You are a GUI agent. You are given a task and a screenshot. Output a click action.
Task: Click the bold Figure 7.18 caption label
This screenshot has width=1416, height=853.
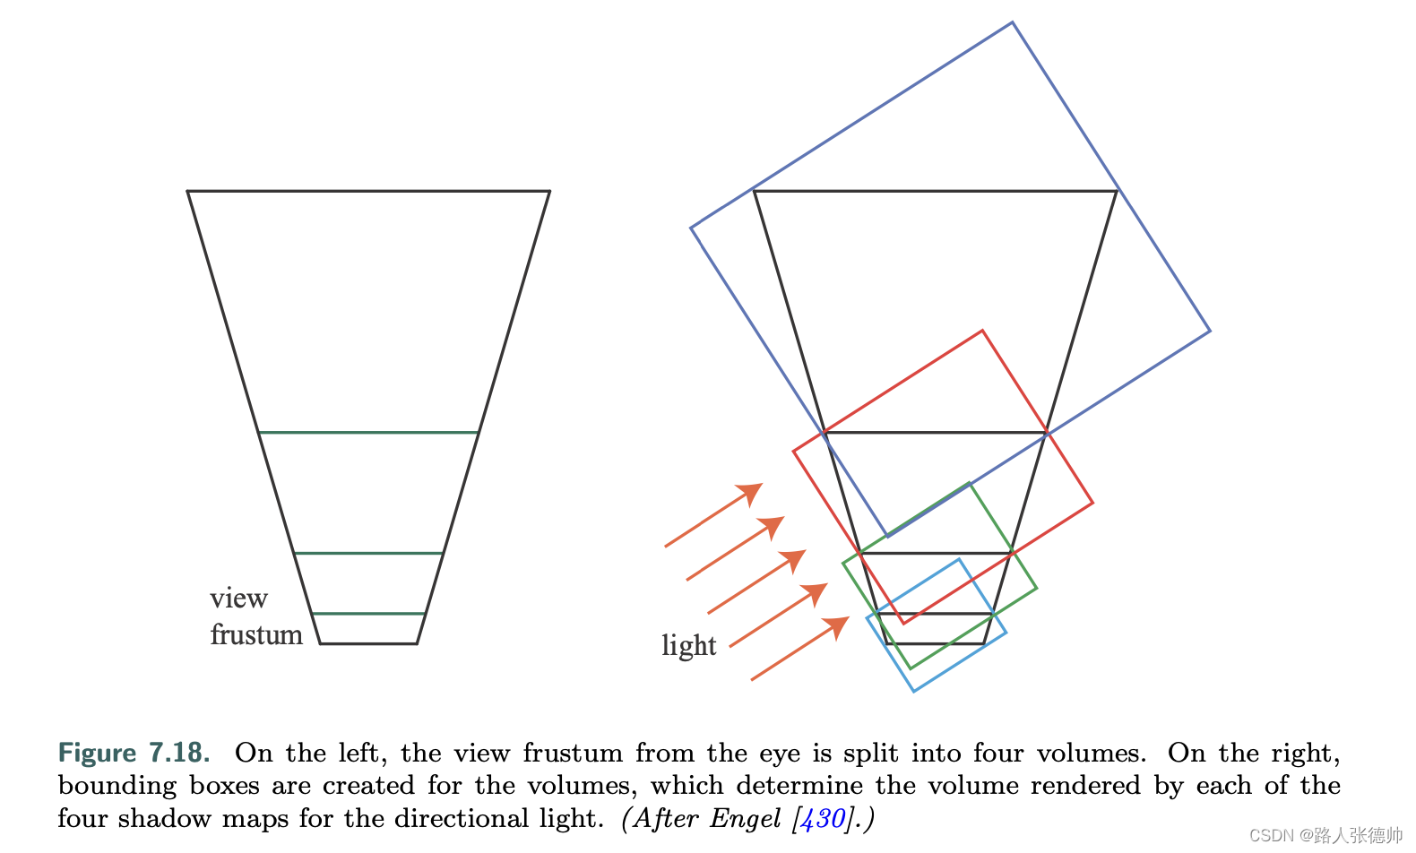tap(134, 753)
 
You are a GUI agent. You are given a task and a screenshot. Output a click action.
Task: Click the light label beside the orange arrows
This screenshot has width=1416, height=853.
tap(688, 645)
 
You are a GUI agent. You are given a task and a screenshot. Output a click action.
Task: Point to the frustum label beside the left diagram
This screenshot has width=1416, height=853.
tap(256, 634)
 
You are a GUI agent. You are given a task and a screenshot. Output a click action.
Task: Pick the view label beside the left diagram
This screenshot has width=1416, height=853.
tap(238, 598)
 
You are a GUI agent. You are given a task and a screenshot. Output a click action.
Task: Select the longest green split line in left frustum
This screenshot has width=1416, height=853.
tap(368, 433)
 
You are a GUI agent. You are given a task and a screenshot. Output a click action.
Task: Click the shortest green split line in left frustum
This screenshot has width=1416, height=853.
tap(368, 614)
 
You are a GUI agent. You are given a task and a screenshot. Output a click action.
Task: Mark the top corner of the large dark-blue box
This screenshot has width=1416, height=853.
tap(1012, 22)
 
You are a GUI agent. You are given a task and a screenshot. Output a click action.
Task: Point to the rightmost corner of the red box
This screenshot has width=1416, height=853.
tap(1092, 503)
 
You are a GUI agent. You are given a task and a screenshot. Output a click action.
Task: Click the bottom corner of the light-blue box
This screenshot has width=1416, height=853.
tap(913, 691)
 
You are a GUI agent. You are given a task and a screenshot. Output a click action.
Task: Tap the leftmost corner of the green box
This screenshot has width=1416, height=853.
tap(843, 564)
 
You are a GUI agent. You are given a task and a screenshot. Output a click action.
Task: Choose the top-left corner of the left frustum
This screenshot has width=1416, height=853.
tap(188, 191)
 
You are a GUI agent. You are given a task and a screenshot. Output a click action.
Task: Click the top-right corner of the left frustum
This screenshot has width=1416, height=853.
tap(549, 191)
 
